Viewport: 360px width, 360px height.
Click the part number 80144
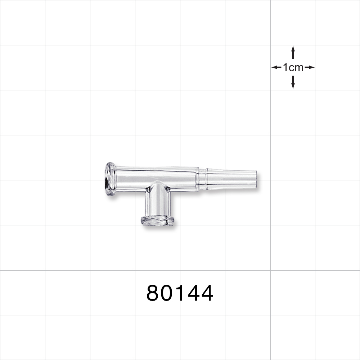[180, 293]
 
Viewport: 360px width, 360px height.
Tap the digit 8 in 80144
[153, 293]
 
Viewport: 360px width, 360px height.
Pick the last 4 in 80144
[206, 293]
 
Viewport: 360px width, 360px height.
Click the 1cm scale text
[293, 67]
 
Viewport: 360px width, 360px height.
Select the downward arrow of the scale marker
[293, 83]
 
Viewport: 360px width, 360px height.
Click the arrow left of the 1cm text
[276, 67]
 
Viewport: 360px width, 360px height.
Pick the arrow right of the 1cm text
[310, 67]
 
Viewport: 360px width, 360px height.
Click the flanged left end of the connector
[110, 179]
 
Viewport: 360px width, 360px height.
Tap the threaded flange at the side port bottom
[157, 221]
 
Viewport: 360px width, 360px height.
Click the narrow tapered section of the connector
[230, 179]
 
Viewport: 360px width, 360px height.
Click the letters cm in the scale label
[296, 67]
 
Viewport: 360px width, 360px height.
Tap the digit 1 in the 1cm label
[285, 67]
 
